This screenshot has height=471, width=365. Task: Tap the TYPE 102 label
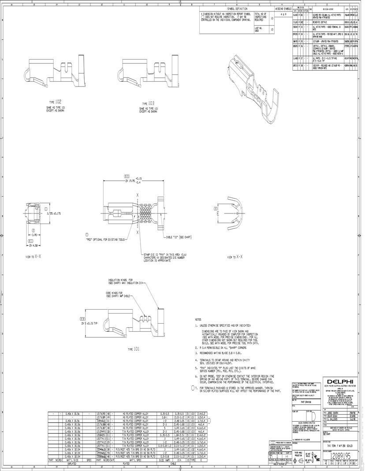coord(55,101)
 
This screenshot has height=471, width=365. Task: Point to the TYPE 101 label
coord(134,349)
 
